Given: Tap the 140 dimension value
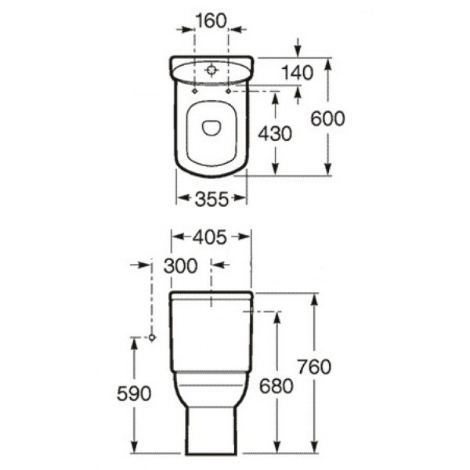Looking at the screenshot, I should (x=298, y=73).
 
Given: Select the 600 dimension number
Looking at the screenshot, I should (x=328, y=118).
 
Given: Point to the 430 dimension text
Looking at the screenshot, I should (x=276, y=134).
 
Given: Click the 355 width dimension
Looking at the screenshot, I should (x=211, y=199).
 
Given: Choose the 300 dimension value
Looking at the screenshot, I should (x=181, y=266).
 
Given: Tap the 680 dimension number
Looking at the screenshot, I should (x=277, y=385).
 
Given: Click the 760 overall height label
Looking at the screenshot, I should (x=315, y=367).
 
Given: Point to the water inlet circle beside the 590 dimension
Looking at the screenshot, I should (x=152, y=338).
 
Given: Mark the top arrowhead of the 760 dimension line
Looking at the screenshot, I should (x=315, y=298).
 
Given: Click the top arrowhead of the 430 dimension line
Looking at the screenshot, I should (x=276, y=95).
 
